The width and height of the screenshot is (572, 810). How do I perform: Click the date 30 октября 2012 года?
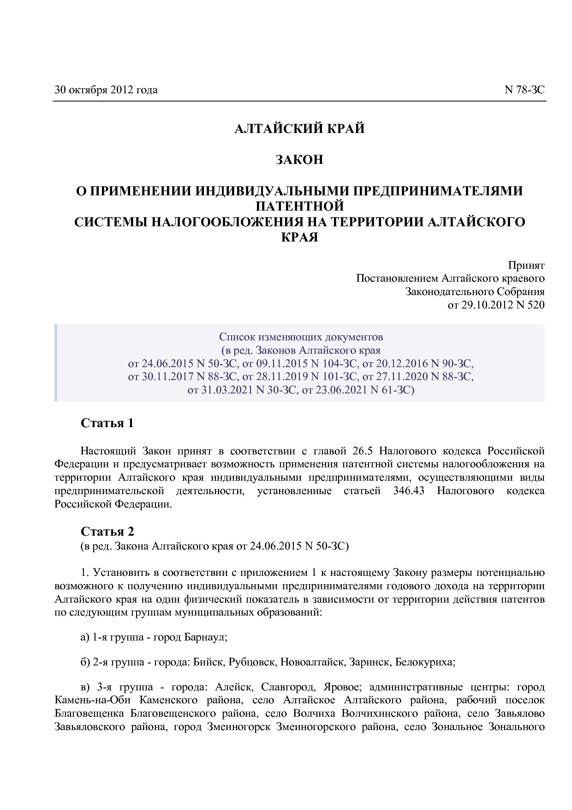[x=106, y=90]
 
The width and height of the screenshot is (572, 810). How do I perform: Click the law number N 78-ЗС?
[x=524, y=90]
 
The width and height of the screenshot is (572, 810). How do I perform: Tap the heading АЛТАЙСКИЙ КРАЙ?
[x=299, y=128]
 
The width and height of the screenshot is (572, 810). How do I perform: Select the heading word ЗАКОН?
[x=299, y=160]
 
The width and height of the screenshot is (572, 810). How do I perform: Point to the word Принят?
[x=526, y=266]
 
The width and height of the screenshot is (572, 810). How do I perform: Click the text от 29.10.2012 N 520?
[x=496, y=305]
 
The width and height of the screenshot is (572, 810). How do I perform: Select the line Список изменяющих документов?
[x=301, y=336]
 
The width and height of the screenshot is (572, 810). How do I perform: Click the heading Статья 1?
[x=107, y=423]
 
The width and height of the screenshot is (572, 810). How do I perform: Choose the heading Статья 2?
[x=107, y=531]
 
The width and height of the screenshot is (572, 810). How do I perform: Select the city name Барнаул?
[x=205, y=637]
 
